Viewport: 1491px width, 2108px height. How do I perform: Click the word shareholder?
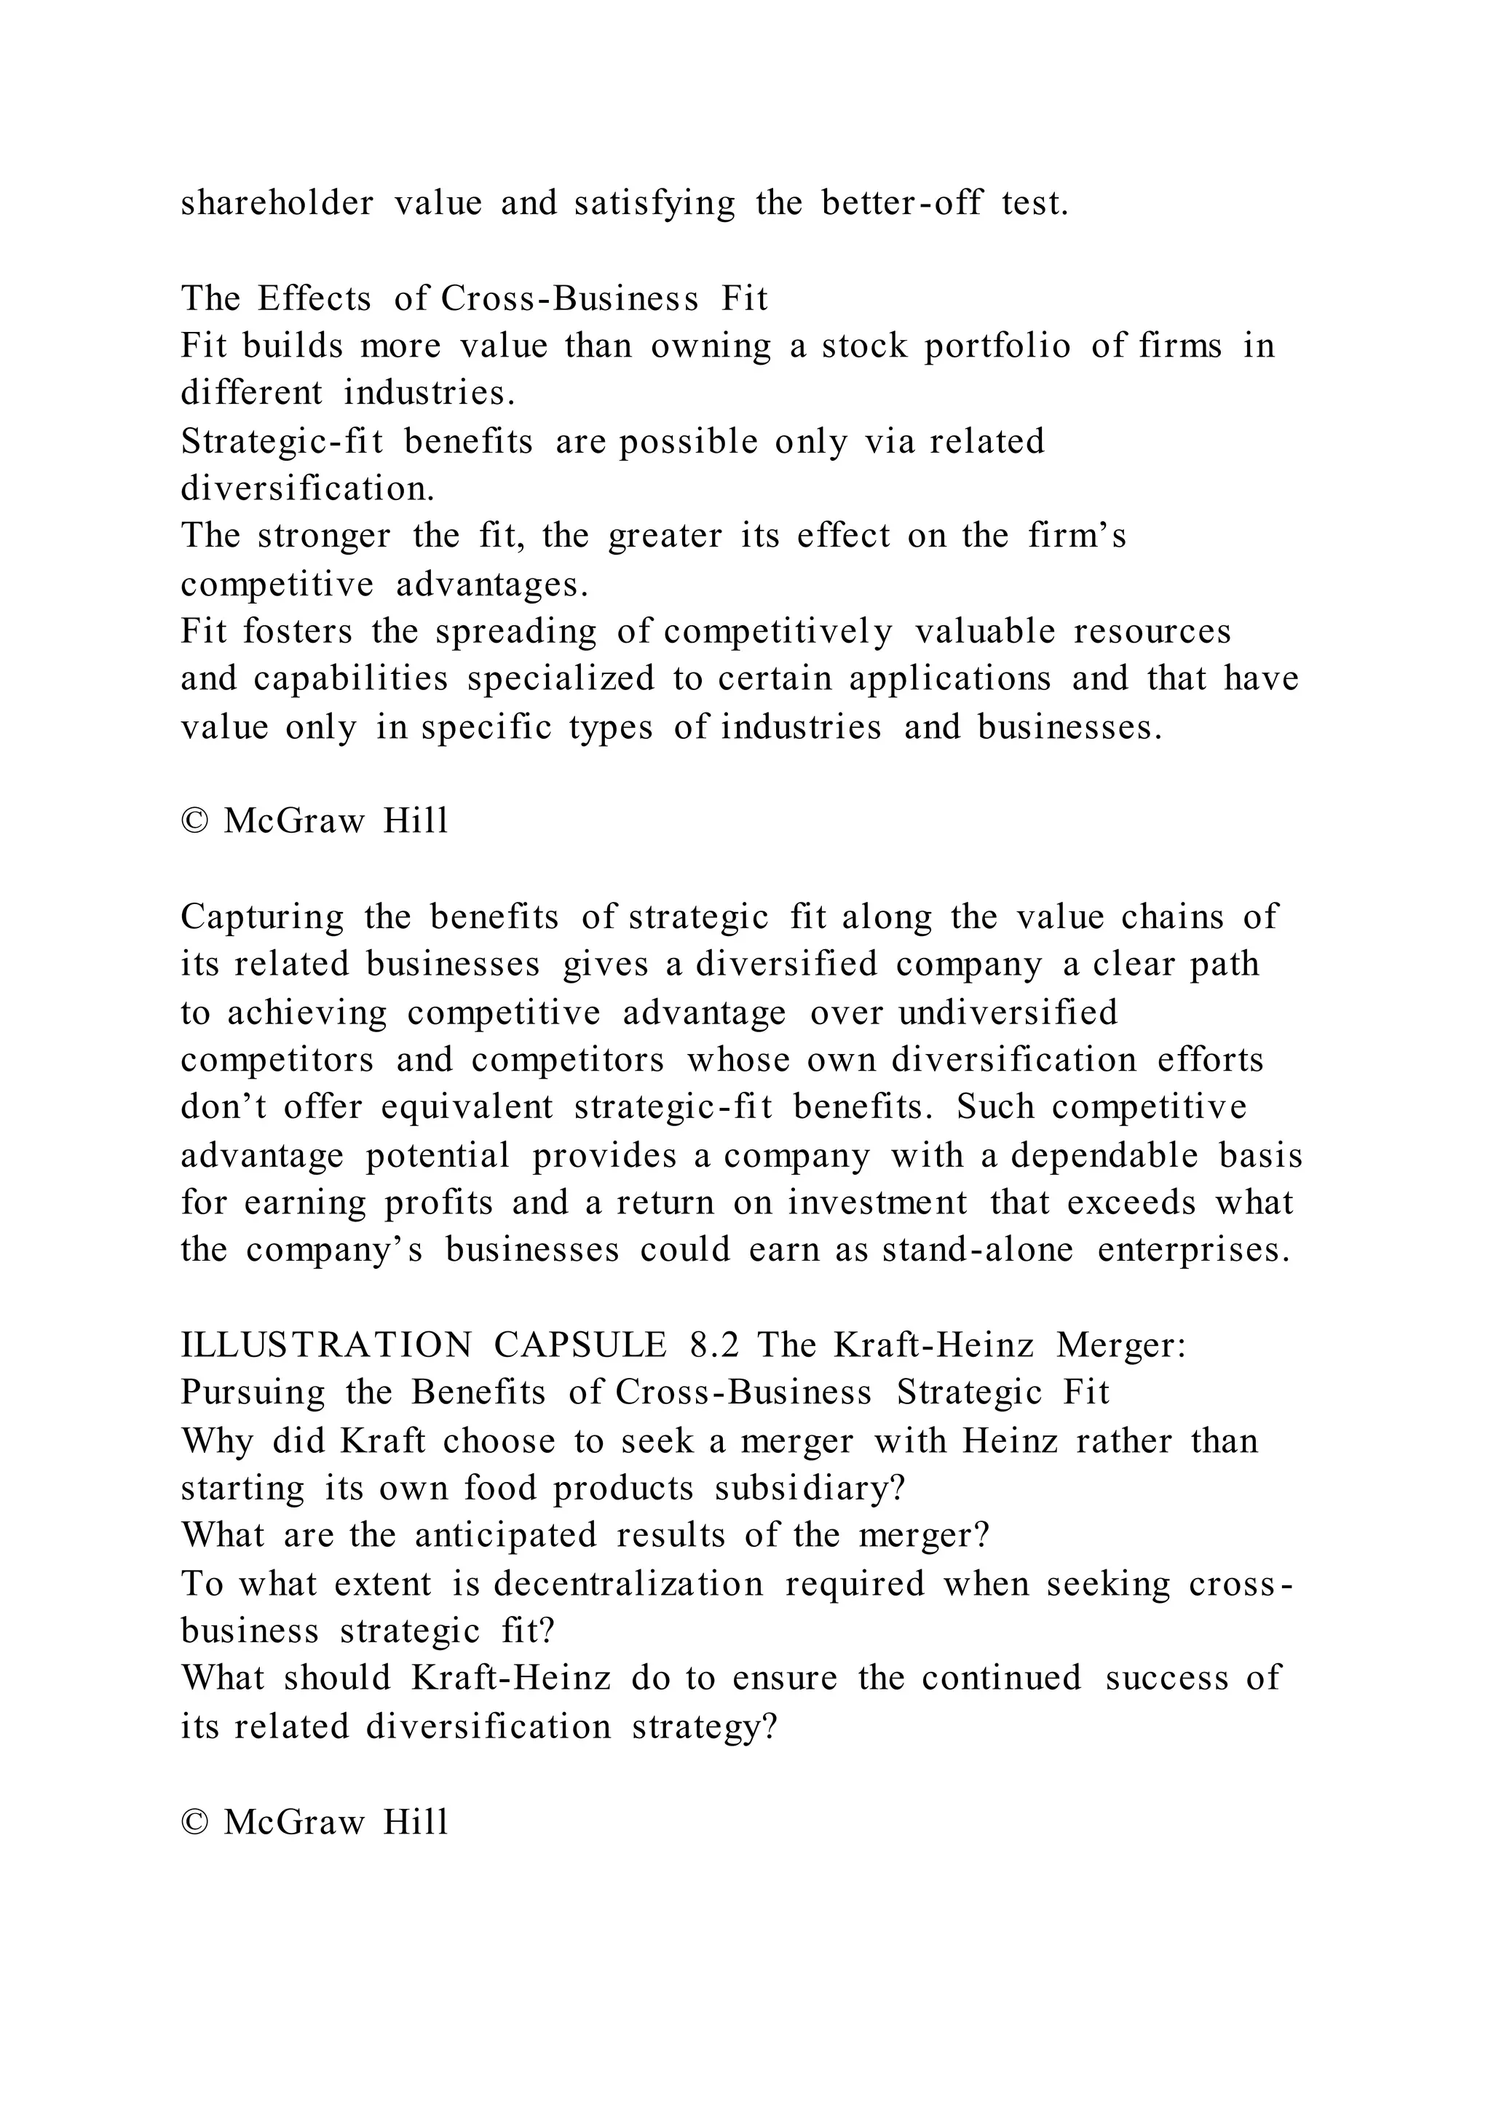pyautogui.click(x=277, y=203)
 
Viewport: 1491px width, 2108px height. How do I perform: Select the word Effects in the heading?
pyautogui.click(x=314, y=298)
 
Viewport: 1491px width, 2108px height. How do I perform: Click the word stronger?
pyautogui.click(x=324, y=535)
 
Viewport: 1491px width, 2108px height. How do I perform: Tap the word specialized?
pyautogui.click(x=561, y=678)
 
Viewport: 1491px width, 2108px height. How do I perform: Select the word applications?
pyautogui.click(x=949, y=678)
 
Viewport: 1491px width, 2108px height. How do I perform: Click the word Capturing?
pyautogui.click(x=263, y=917)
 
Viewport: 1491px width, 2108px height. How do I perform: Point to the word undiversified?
pyautogui.click(x=1008, y=1013)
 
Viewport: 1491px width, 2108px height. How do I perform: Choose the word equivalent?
pyautogui.click(x=467, y=1107)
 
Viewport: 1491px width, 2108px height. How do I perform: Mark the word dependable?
pyautogui.click(x=1104, y=1155)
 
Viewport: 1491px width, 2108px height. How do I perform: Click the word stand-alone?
pyautogui.click(x=977, y=1251)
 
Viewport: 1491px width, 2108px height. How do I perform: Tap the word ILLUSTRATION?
pyautogui.click(x=327, y=1346)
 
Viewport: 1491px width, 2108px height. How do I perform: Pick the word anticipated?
pyautogui.click(x=505, y=1536)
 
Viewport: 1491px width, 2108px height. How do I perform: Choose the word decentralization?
pyautogui.click(x=628, y=1584)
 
